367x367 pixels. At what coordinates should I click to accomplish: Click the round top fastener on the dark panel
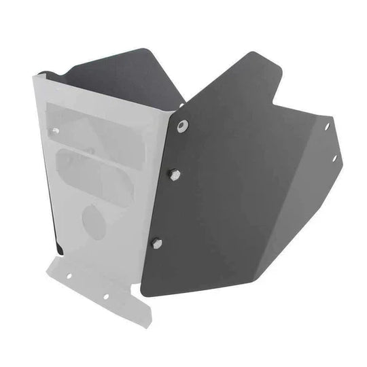[182, 126]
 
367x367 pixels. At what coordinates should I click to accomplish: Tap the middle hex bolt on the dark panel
[175, 175]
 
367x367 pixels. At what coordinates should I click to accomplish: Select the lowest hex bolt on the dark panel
[157, 243]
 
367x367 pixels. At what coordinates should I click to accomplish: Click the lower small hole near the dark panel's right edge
[334, 158]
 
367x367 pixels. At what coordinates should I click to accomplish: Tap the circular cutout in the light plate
[94, 221]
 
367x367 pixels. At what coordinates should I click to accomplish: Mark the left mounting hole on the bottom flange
[68, 276]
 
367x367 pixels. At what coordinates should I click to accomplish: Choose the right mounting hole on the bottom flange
[105, 296]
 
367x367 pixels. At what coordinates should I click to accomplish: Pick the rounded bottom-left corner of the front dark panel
[143, 291]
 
